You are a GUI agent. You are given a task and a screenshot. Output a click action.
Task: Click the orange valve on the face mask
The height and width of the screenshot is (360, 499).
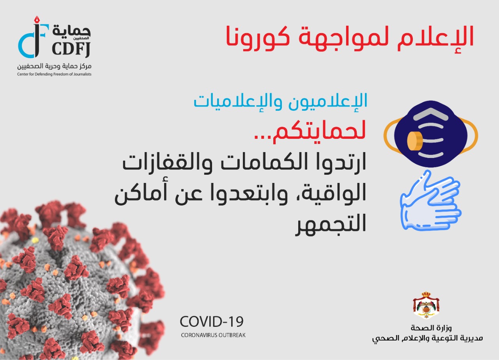pos(414,141)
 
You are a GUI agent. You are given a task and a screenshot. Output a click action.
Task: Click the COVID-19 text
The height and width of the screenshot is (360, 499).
pos(212,322)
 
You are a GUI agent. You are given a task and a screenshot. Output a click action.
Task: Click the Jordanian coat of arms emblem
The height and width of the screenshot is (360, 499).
pos(426,305)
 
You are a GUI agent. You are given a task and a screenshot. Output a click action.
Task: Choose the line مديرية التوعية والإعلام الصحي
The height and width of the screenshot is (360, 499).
pos(427,338)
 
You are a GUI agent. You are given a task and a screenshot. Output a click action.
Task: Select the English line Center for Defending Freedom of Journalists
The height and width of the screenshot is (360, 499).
pos(54,74)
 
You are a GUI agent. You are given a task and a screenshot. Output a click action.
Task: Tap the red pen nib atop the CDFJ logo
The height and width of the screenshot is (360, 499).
pos(37,20)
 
